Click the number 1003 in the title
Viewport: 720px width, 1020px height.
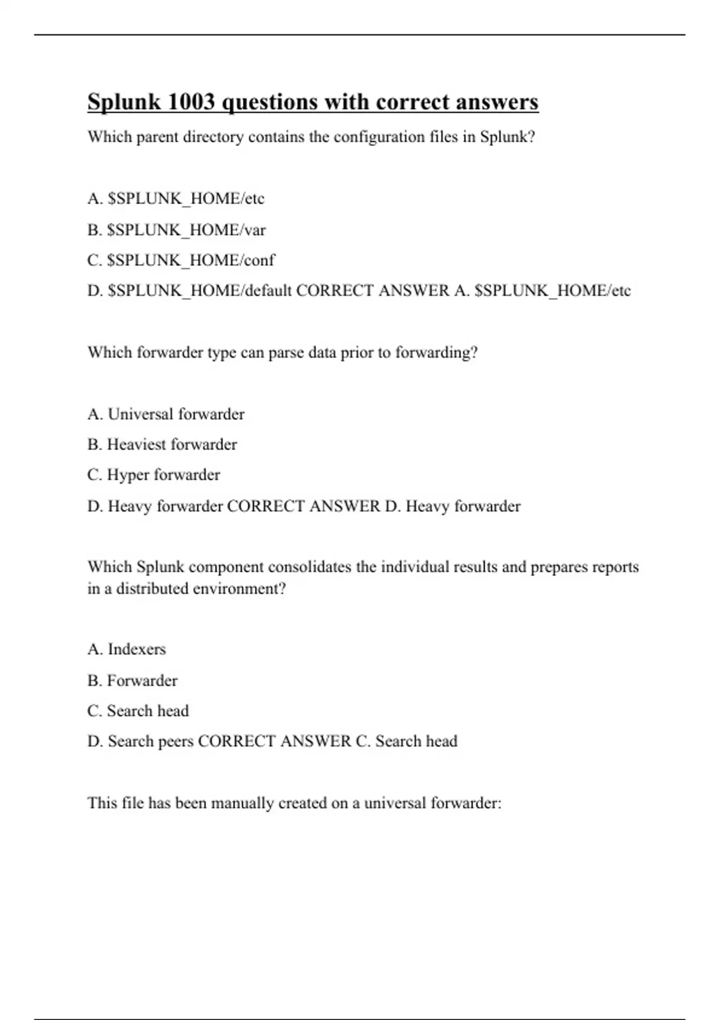191,102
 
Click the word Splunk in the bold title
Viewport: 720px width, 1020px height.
124,102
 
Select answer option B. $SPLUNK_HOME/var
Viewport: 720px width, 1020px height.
176,230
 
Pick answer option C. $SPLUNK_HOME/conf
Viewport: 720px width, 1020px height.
181,260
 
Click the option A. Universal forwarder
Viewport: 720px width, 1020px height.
166,414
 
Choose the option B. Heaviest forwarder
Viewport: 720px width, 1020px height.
162,445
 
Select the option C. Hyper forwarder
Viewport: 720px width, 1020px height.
154,475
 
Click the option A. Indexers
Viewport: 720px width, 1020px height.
127,649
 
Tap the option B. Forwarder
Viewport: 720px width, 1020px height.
132,680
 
